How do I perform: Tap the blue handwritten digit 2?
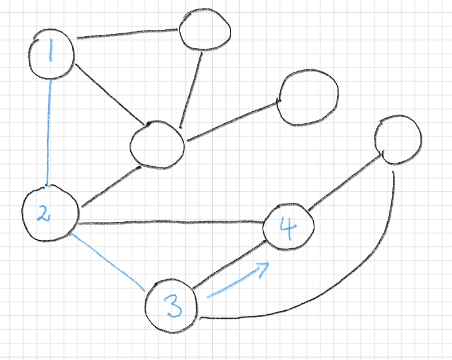pyautogui.click(x=44, y=213)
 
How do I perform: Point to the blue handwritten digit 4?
pyautogui.click(x=289, y=228)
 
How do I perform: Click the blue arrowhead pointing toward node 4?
pyautogui.click(x=265, y=266)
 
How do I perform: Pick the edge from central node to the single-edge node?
pyautogui.click(x=232, y=120)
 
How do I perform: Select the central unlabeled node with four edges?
pyautogui.click(x=157, y=144)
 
